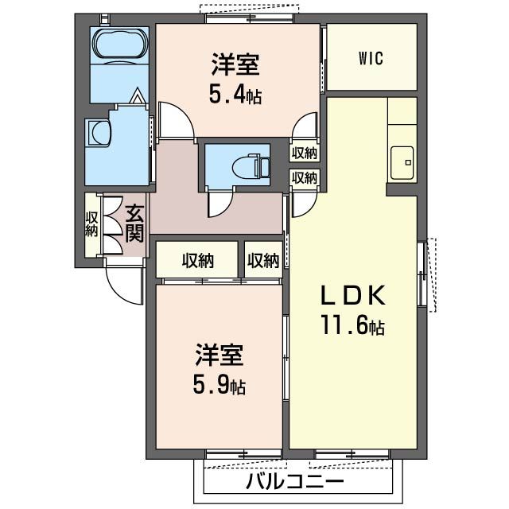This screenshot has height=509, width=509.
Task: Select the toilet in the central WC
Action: pyautogui.click(x=254, y=165)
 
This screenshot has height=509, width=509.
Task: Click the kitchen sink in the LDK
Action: pyautogui.click(x=402, y=163)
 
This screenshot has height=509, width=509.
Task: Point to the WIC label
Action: pyautogui.click(x=371, y=57)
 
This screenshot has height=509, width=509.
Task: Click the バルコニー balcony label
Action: pyautogui.click(x=294, y=482)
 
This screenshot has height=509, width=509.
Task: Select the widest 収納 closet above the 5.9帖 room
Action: pyautogui.click(x=196, y=259)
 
